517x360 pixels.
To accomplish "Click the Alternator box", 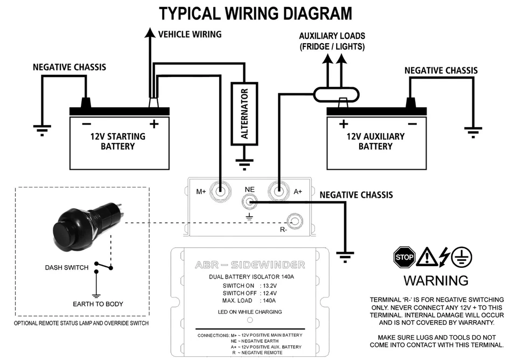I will point(244,113).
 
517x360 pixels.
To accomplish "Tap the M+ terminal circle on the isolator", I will point(220,190).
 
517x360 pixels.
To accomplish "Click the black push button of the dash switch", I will point(68,232).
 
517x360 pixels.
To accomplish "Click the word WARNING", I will point(436,281).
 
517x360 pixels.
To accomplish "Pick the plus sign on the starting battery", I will point(154,124).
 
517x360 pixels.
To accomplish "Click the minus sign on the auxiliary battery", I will point(412,124).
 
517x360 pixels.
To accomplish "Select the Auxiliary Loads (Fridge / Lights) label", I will point(332,41).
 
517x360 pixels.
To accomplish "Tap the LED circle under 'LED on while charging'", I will point(249,320).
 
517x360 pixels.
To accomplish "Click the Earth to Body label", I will point(98,304).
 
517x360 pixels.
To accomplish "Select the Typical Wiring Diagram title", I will point(256,13).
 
